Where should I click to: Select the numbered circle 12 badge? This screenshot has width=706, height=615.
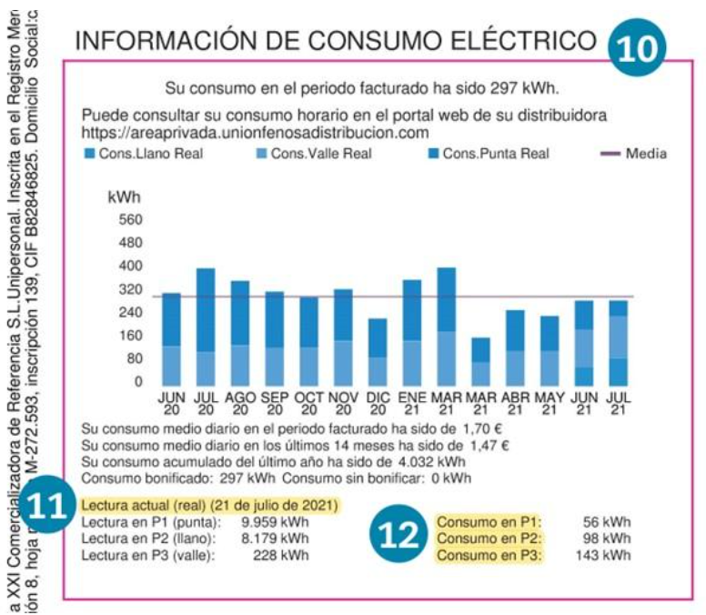[399, 538]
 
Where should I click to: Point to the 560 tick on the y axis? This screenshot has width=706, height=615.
[132, 219]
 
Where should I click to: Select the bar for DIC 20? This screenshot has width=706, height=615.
[377, 351]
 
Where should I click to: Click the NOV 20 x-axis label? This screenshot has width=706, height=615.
[342, 404]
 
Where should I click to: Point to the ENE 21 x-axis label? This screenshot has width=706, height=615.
[411, 404]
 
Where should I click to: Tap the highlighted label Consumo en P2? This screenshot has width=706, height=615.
[489, 539]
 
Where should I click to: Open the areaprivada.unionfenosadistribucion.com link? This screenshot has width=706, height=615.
[255, 133]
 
